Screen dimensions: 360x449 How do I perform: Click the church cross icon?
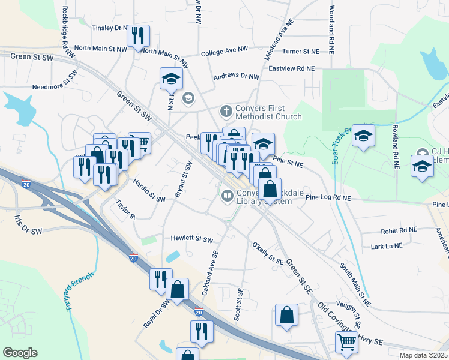[226, 111]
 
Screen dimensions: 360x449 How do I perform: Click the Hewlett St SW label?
[191, 239]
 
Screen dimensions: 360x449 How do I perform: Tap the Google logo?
[20, 353]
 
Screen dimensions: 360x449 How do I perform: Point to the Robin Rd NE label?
[399, 230]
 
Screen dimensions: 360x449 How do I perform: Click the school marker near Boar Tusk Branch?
[363, 136]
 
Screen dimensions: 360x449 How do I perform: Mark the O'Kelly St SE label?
[268, 253]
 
